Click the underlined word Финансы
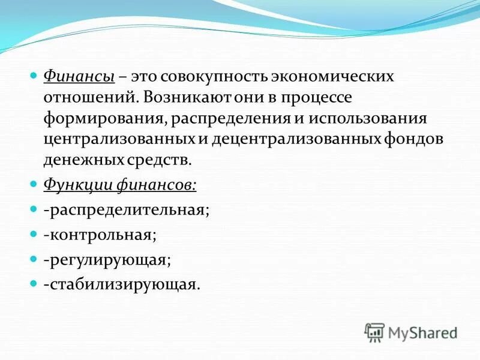pyautogui.click(x=80, y=77)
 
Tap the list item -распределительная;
pyautogui.click(x=127, y=211)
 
